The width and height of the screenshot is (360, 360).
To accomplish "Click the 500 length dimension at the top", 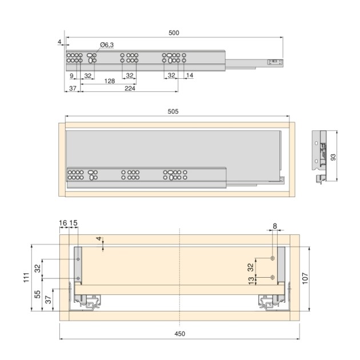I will point(174,33).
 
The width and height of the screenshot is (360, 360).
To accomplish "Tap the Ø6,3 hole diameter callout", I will point(107,45).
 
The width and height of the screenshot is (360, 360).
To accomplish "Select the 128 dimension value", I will point(109,81).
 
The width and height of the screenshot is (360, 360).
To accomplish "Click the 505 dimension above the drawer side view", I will point(179,112).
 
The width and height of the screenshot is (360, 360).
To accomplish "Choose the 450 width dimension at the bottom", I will point(179,333).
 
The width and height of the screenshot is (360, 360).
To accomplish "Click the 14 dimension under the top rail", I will point(190,75).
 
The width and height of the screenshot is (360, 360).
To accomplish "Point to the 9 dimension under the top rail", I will point(71,75).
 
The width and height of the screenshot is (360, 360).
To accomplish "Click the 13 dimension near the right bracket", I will point(251,280).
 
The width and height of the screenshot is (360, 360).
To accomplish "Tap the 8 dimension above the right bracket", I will point(274,226).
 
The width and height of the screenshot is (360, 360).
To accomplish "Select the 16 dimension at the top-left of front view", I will point(63,222).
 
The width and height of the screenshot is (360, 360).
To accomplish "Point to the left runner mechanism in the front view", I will point(87,301).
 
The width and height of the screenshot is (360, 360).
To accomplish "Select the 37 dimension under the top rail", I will point(73,89).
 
